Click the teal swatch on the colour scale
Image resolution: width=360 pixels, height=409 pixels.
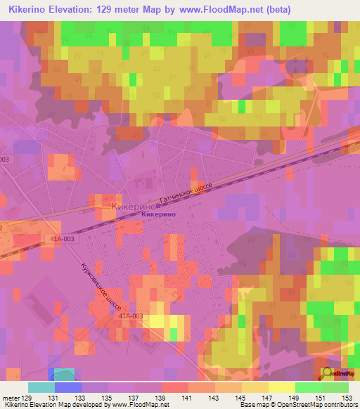(41, 387)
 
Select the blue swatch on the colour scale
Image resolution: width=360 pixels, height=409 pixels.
(68, 387)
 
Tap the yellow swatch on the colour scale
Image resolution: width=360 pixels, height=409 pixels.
(281, 387)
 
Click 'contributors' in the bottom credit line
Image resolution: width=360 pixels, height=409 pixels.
(336, 405)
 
